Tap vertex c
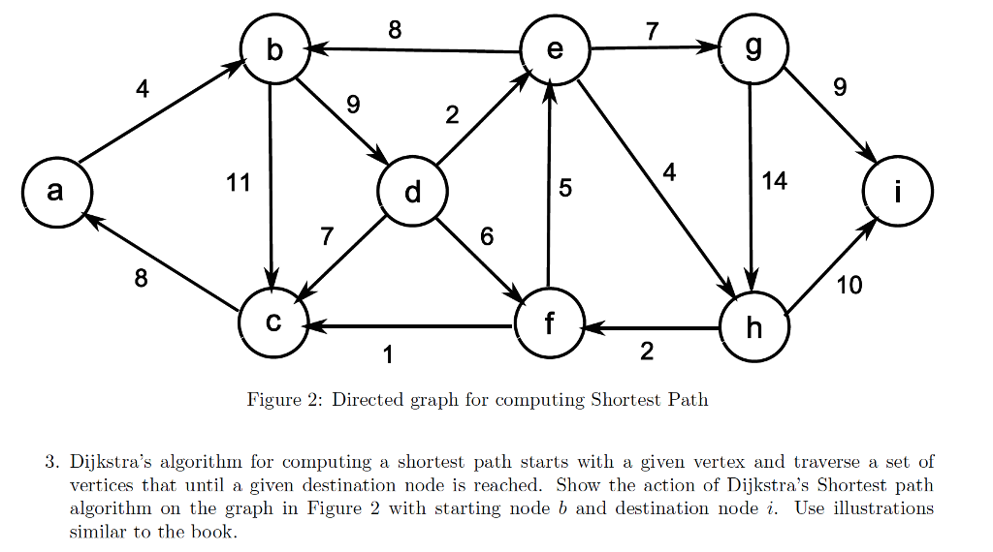click(x=273, y=322)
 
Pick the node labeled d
click(x=413, y=193)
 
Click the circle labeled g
click(x=753, y=50)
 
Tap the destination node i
click(x=898, y=193)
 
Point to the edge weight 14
click(x=774, y=181)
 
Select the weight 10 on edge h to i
click(x=849, y=286)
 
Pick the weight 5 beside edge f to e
click(x=565, y=188)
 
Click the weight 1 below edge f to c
click(x=388, y=355)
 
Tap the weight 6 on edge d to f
click(x=487, y=236)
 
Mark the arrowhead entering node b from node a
click(x=235, y=67)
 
